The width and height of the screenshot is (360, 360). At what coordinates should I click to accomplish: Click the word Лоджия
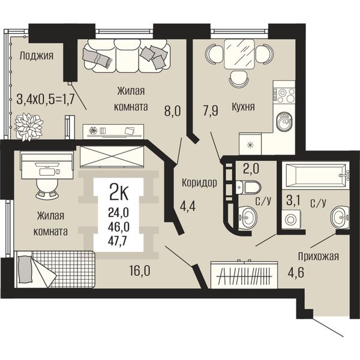point(36,56)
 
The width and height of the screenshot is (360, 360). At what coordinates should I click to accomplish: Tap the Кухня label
point(243,107)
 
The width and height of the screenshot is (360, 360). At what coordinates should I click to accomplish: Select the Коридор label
point(199,183)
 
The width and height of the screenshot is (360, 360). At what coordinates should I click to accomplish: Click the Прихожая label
point(319,256)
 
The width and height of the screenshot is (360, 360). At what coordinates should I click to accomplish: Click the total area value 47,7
point(119,241)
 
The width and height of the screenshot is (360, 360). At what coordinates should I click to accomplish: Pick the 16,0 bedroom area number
point(140,271)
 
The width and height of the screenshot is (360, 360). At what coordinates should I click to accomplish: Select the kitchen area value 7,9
point(211,110)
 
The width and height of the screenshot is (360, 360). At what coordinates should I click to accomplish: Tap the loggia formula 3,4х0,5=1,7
point(46,100)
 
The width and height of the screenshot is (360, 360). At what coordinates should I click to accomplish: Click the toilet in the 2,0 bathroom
point(248,187)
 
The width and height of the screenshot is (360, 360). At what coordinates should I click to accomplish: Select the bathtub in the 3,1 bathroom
point(316,175)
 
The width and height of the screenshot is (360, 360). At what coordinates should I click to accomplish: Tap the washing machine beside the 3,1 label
point(290,219)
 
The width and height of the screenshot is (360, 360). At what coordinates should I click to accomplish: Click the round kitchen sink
point(284,122)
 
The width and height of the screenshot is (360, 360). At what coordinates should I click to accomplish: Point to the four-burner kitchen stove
point(284,95)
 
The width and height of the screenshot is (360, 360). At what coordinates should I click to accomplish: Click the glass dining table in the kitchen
point(239,54)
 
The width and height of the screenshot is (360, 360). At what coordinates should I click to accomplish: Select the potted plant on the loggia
point(29,127)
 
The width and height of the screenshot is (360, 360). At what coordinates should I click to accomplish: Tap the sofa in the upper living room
point(127,56)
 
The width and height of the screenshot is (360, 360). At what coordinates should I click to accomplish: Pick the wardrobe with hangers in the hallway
point(244,275)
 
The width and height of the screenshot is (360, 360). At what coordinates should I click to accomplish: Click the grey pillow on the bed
point(24,269)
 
